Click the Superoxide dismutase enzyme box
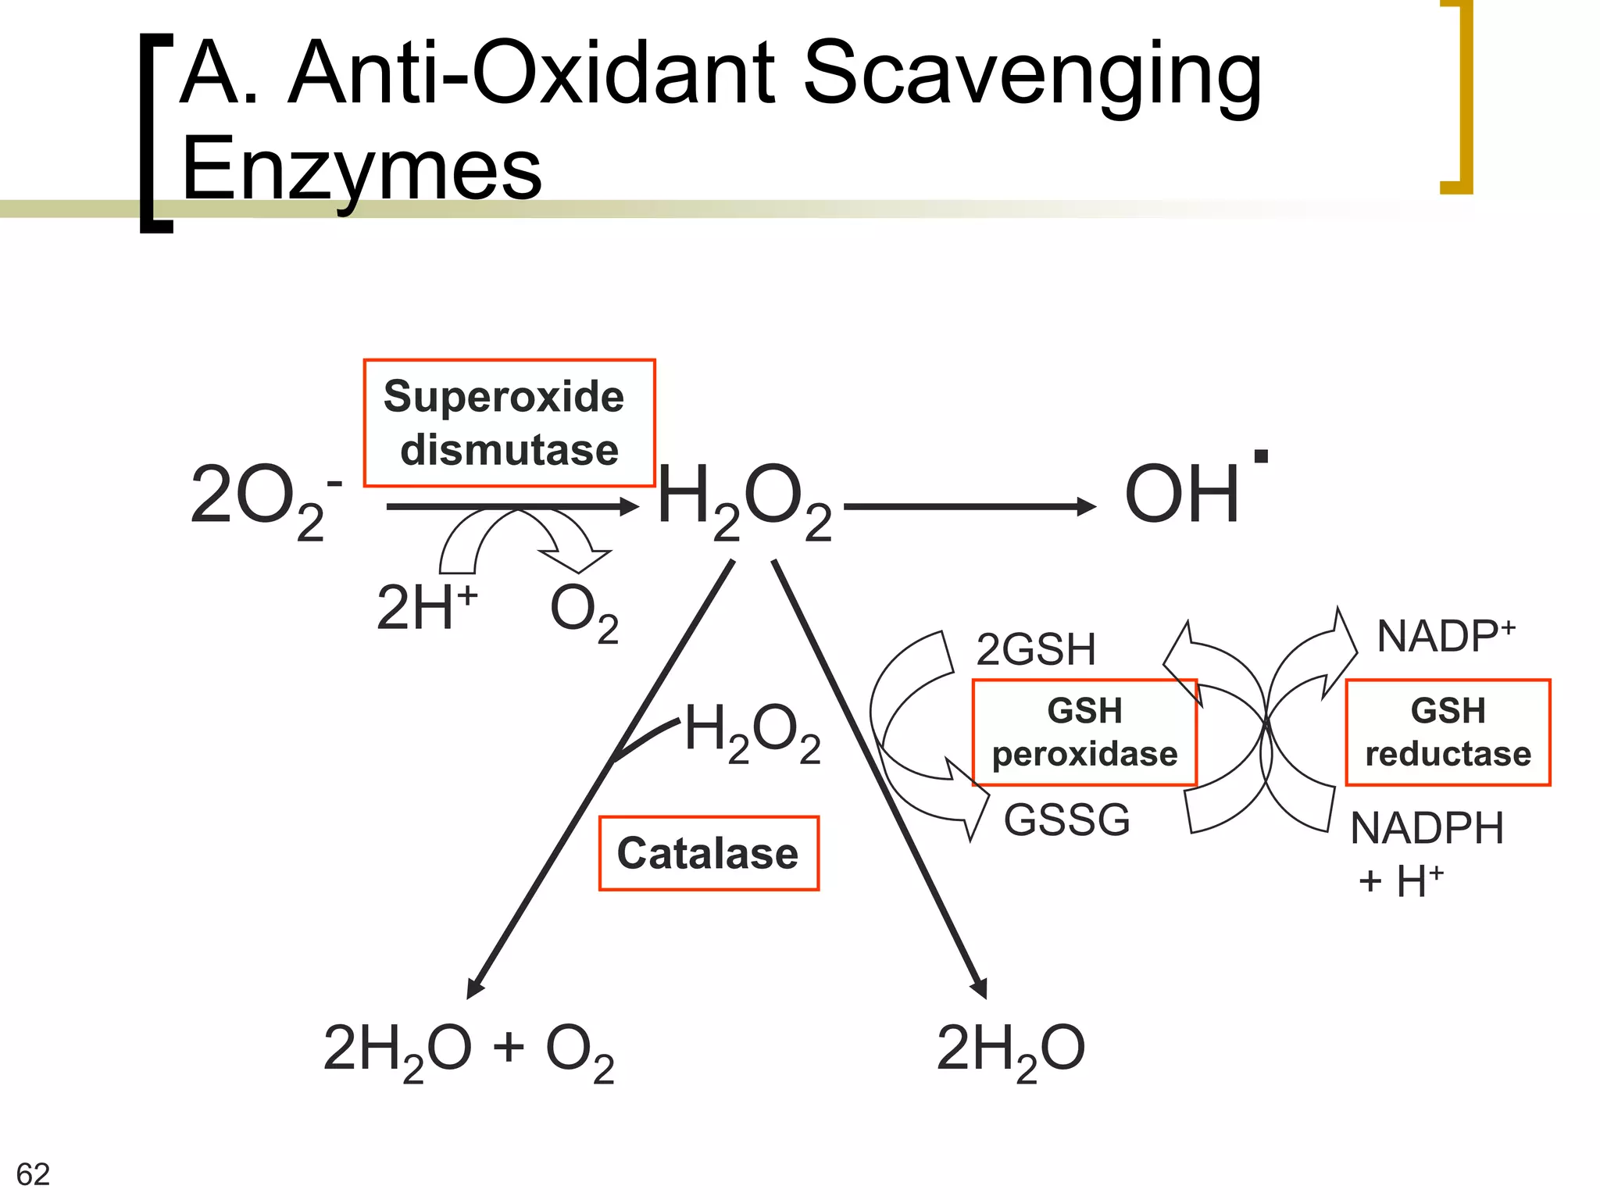tap(509, 423)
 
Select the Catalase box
tap(709, 853)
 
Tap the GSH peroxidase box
tap(1084, 732)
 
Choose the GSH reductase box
tap(1448, 732)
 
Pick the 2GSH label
tap(1035, 649)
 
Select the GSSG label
tap(1066, 820)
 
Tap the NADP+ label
tap(1445, 636)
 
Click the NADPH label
tap(1427, 828)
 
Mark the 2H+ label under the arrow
tap(426, 608)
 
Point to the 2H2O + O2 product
tap(469, 1051)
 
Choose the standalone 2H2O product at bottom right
tap(1010, 1051)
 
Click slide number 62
tap(33, 1174)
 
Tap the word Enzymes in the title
tap(361, 169)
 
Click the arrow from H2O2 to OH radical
tap(969, 507)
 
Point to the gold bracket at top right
tap(1458, 98)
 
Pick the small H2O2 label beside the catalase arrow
tap(752, 732)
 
